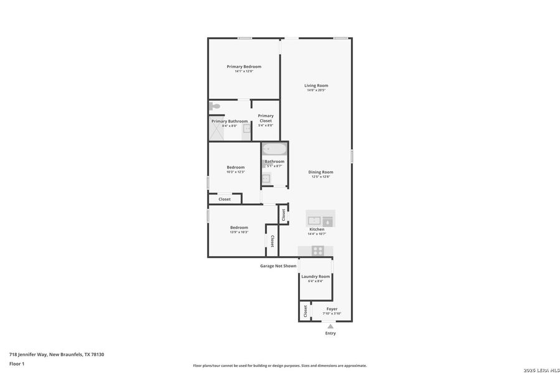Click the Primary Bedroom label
pyautogui.click(x=244, y=67)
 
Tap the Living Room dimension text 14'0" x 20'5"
pyautogui.click(x=316, y=91)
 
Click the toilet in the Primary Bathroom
pyautogui.click(x=214, y=106)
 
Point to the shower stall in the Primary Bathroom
pyautogui.click(x=217, y=132)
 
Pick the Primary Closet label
pyautogui.click(x=266, y=118)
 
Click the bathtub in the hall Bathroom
pyautogui.click(x=274, y=149)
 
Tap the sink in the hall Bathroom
pyautogui.click(x=266, y=178)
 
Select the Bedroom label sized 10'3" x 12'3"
pyautogui.click(x=235, y=167)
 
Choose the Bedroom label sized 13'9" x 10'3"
pyautogui.click(x=239, y=228)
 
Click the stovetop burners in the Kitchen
pyautogui.click(x=318, y=251)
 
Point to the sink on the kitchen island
pyautogui.click(x=314, y=219)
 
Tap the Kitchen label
pyautogui.click(x=317, y=229)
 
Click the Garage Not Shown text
pyautogui.click(x=278, y=266)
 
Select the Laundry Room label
pyautogui.click(x=315, y=277)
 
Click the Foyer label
pyautogui.click(x=332, y=309)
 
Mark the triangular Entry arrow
pyautogui.click(x=330, y=326)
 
